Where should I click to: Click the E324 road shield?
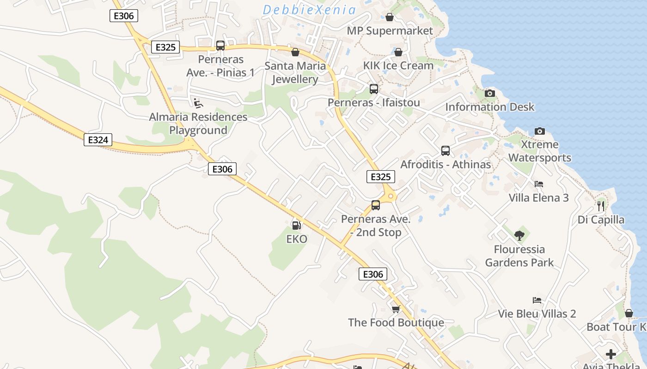[x=98, y=140]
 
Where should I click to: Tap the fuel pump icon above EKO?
[x=296, y=225]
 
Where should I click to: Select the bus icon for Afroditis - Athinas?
[x=446, y=150]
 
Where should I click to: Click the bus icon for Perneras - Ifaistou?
[x=373, y=89]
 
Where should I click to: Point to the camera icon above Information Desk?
[x=490, y=93]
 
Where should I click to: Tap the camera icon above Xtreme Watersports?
[x=539, y=131]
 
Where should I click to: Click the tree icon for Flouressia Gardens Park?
[x=519, y=236]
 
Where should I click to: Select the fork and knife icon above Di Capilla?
[x=601, y=206]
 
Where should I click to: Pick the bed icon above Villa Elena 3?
[x=538, y=184]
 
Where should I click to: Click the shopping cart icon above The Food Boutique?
[x=396, y=309]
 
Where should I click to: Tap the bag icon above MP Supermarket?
[x=390, y=17]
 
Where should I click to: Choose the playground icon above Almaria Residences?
[x=198, y=103]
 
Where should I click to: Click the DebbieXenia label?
[x=309, y=10]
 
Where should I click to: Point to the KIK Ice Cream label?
[x=398, y=65]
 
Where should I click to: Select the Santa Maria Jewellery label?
[x=295, y=72]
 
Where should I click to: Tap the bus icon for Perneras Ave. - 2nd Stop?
[x=376, y=205]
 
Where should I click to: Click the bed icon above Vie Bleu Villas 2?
[x=537, y=300]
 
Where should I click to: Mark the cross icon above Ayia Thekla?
[x=611, y=354]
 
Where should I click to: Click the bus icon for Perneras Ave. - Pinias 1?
[x=220, y=46]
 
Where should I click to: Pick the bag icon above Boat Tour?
[x=629, y=313]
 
